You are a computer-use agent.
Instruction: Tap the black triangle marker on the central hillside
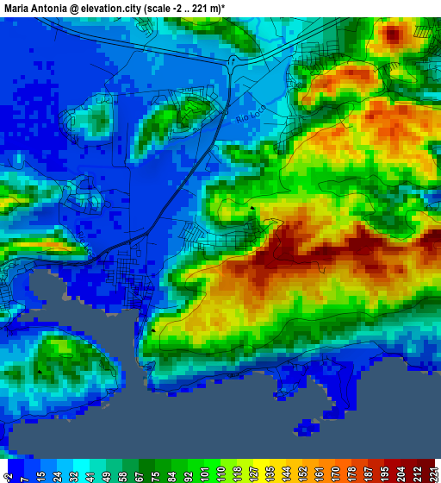pos(252,208)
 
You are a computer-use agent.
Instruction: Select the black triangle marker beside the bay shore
pos(154,329)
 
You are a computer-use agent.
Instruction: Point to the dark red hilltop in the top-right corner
pos(394,35)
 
